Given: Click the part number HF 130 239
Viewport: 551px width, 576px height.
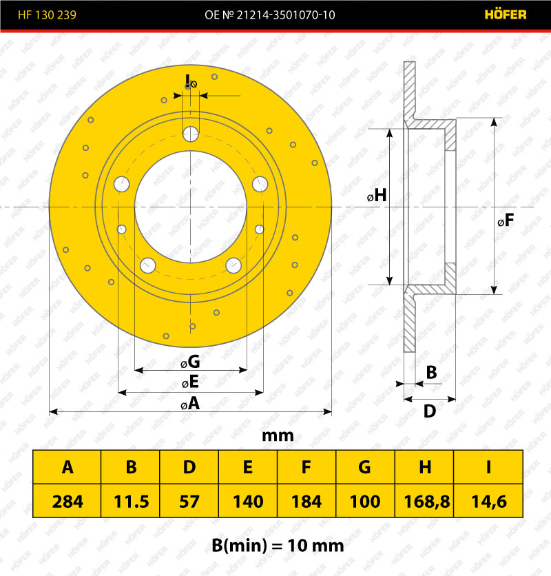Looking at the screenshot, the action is click(x=47, y=14).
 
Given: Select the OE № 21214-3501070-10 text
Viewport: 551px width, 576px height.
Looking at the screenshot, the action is click(x=269, y=14).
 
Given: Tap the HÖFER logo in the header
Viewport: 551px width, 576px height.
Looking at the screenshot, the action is click(x=506, y=14).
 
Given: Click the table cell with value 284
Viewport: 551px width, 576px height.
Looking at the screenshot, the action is click(x=67, y=502).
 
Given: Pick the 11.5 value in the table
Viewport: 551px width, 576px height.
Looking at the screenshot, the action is click(x=131, y=502).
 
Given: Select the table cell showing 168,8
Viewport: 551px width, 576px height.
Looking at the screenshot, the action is click(x=426, y=502).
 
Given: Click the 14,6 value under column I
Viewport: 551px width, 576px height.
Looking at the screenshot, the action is click(x=489, y=502).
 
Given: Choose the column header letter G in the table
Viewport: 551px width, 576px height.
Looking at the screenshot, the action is click(x=365, y=467).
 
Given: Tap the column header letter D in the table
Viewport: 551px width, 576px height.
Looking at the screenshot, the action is click(x=189, y=467).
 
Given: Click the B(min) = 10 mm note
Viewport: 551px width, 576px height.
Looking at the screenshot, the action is click(x=278, y=546).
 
